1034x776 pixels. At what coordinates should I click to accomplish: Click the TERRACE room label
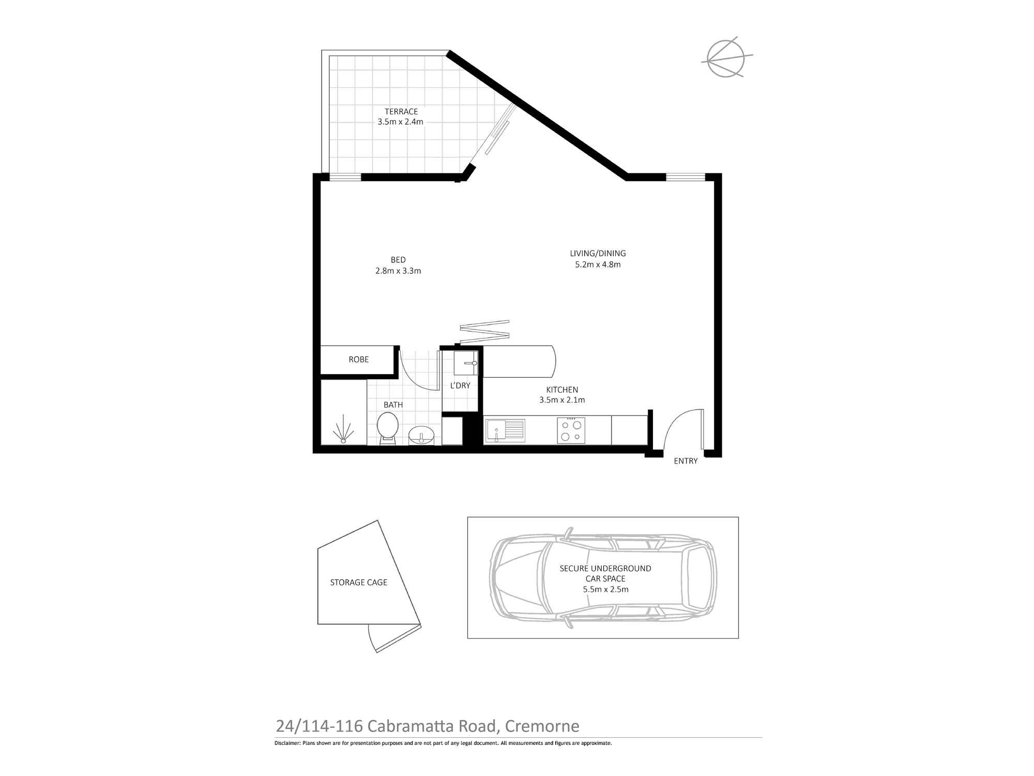(x=401, y=111)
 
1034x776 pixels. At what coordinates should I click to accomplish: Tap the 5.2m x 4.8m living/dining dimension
(x=598, y=264)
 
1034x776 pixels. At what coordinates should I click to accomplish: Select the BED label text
(x=398, y=260)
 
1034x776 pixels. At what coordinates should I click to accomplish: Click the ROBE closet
(x=358, y=360)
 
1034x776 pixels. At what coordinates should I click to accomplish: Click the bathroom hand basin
(x=422, y=435)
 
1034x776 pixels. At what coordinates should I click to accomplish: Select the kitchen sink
(x=505, y=430)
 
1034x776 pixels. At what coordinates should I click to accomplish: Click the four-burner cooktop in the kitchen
(x=571, y=430)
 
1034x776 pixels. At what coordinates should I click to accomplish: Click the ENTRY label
(x=686, y=461)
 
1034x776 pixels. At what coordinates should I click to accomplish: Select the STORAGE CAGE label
(x=358, y=583)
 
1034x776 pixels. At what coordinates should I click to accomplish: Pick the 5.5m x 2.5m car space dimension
(x=605, y=589)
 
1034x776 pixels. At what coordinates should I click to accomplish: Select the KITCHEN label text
(x=562, y=390)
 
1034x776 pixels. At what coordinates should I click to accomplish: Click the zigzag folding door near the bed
(x=484, y=331)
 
